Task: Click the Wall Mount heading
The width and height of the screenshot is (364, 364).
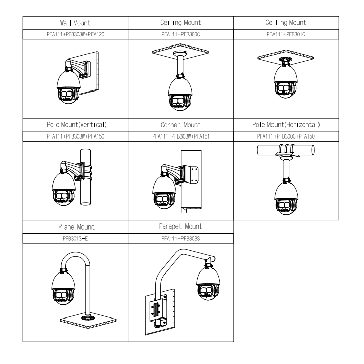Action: [75, 23]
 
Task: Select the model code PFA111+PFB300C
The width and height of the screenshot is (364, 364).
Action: [180, 34]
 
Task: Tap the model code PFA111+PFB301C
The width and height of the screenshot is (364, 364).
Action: [286, 34]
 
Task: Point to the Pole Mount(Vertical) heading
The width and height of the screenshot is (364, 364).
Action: [76, 125]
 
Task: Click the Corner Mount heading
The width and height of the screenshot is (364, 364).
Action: [180, 125]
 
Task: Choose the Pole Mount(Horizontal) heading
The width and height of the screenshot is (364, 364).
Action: [286, 125]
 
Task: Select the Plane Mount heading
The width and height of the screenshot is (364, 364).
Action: [76, 227]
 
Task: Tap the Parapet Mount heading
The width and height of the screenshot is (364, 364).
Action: [180, 226]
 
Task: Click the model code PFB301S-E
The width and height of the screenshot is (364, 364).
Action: [75, 239]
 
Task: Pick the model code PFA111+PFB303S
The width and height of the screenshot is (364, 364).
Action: [180, 239]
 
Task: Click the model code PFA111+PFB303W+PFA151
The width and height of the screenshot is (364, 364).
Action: [180, 136]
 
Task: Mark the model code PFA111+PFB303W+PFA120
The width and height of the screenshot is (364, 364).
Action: [75, 34]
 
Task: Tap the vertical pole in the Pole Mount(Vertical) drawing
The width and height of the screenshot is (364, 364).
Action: [85, 177]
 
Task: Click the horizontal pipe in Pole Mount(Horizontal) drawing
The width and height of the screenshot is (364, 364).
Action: [286, 150]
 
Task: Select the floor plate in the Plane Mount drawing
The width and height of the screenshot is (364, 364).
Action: [88, 320]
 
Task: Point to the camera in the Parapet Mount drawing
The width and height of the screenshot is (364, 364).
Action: [208, 283]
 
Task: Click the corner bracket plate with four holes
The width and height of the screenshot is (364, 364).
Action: [192, 174]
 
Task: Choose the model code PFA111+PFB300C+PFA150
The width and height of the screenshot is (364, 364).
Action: [286, 136]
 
